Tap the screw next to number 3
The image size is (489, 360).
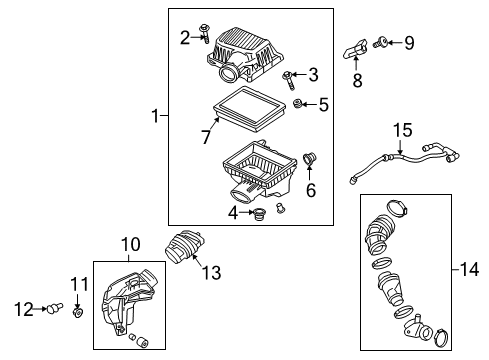click(x=290, y=75)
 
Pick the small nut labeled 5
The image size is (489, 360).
click(x=298, y=104)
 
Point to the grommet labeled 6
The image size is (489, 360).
click(x=309, y=158)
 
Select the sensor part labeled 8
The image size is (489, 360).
click(x=352, y=48)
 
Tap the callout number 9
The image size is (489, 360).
click(x=408, y=42)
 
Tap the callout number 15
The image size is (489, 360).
click(x=401, y=130)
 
